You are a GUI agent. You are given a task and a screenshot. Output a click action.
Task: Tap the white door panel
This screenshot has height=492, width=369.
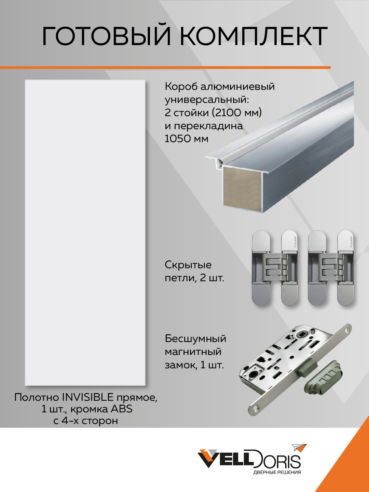(x=85, y=232)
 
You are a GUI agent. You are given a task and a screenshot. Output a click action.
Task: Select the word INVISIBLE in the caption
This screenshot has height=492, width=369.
(x=87, y=397)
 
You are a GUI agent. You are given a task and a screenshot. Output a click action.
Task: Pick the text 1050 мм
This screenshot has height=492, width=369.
(x=186, y=139)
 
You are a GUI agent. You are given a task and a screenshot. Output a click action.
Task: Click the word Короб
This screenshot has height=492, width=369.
(x=181, y=86)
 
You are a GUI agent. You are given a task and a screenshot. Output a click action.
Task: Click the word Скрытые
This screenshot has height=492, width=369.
(x=188, y=265)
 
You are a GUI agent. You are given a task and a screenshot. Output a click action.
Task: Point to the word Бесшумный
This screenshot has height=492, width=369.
(x=195, y=339)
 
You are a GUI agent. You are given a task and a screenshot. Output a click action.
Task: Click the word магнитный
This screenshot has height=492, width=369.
(x=193, y=352)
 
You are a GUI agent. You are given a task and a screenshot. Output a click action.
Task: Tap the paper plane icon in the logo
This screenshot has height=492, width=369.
(x=299, y=448)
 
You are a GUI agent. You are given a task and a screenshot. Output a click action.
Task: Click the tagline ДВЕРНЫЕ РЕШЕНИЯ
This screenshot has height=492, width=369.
(x=277, y=473)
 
